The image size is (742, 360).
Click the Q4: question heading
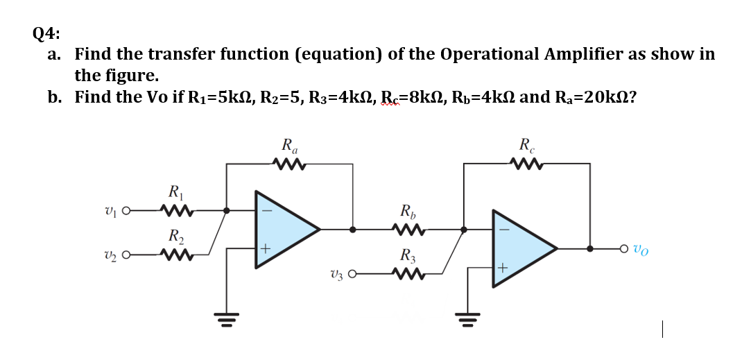click(x=46, y=32)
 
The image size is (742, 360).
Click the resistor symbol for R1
click(x=172, y=209)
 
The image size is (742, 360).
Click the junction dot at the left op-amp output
click(x=354, y=228)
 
